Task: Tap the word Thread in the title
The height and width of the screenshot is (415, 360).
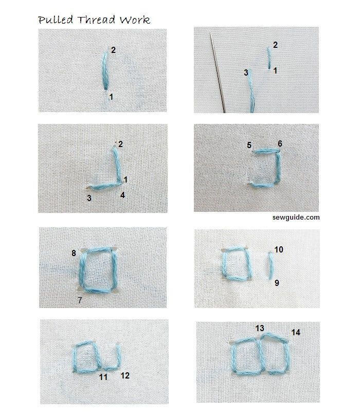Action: [94, 20]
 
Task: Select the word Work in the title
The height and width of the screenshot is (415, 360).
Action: [134, 20]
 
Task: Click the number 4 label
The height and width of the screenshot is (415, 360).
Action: [122, 195]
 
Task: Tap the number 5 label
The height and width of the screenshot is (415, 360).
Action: [249, 146]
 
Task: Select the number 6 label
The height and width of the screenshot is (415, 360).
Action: [280, 143]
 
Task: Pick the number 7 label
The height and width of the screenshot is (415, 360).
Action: [80, 299]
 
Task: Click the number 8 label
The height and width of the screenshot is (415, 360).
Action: [74, 253]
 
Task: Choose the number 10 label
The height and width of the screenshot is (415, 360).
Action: [278, 250]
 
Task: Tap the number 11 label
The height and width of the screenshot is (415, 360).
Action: [103, 377]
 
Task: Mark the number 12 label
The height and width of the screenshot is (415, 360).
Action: [125, 375]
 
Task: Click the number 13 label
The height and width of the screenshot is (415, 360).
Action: [260, 328]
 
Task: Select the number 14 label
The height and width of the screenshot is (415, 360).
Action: [296, 332]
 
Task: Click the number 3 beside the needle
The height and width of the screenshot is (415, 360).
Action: [246, 73]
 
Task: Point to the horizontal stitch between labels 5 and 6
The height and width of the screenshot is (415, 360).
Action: [265, 151]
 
